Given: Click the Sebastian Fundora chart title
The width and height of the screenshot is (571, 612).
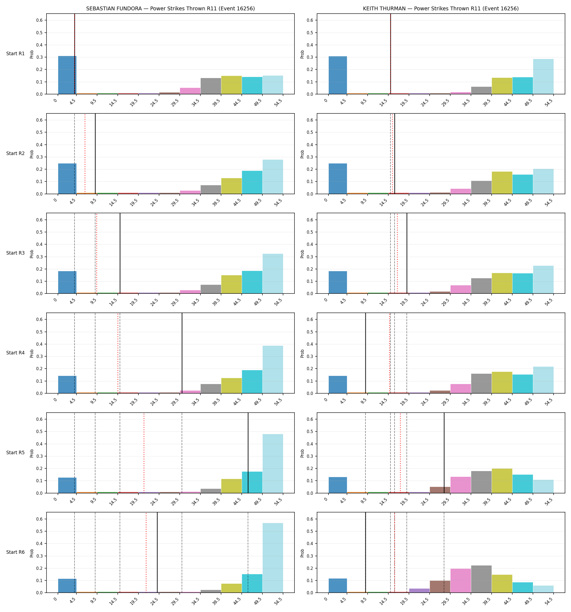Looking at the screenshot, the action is [x=170, y=9].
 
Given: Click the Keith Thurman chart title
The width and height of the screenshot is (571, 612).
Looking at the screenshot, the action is [x=440, y=9].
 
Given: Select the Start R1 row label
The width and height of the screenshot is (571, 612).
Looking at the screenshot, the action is [x=15, y=54].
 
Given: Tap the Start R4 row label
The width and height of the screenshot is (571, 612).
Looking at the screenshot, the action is [x=15, y=353].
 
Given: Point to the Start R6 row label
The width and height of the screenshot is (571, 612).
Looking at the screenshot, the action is [x=15, y=552].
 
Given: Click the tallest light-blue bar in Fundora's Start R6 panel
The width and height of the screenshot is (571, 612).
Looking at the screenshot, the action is [x=273, y=558].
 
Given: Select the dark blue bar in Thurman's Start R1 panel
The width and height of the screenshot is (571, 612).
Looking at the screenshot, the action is [x=338, y=75].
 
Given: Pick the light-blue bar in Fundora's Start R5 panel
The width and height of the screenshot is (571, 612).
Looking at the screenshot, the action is [x=273, y=463].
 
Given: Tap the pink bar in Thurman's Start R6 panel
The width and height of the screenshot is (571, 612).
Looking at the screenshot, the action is [x=461, y=581].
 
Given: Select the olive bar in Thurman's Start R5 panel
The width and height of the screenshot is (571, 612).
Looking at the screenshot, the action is [x=502, y=481].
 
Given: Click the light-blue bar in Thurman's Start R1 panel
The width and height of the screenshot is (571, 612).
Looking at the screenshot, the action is [x=543, y=76].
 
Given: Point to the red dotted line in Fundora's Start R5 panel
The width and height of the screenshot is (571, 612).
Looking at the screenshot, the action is [x=144, y=453].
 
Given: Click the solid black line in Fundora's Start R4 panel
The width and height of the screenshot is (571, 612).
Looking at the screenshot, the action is [x=182, y=353].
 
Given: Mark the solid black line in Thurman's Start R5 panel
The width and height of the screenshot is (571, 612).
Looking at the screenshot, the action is [x=444, y=453].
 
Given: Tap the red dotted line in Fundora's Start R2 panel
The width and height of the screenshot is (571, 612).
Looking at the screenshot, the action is [x=85, y=154].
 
